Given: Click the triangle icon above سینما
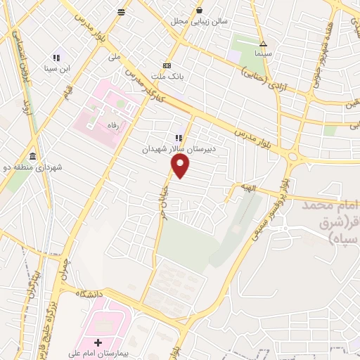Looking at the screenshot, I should point(264,42).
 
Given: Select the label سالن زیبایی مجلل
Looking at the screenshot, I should point(200,21).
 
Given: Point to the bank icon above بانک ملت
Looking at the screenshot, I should point(167,64).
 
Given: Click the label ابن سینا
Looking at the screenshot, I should point(56,67).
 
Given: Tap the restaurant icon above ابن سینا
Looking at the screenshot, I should point(56,58).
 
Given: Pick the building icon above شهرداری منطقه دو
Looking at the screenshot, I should point(33,156).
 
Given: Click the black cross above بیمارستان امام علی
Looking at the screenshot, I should point(98,342).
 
